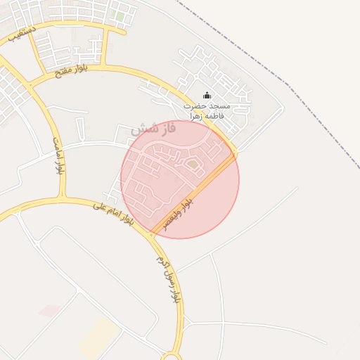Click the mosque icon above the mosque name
[x=207, y=96]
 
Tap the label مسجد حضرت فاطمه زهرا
[x=207, y=110]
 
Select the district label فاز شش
[x=153, y=129]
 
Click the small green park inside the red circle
[x=193, y=164]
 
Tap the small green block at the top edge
[x=120, y=15]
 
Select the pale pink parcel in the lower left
[x=49, y=310]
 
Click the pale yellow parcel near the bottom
[x=98, y=336]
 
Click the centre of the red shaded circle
[x=180, y=179]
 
